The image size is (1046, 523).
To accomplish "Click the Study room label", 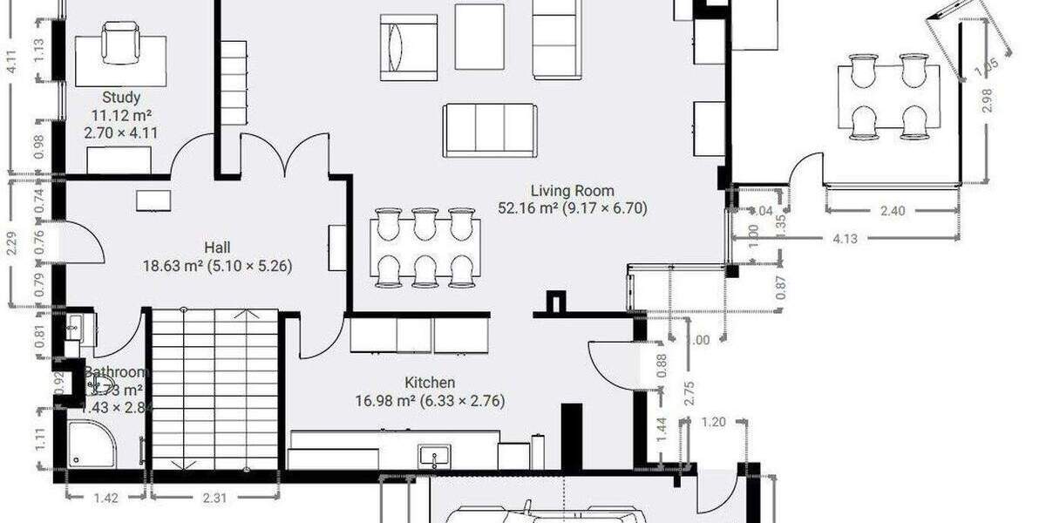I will click(121, 98).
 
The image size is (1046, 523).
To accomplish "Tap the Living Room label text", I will click(573, 191).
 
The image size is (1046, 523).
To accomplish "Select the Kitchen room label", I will click(430, 383).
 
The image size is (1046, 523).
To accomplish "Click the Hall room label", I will click(217, 247).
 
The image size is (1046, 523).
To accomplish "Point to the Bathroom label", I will click(112, 373).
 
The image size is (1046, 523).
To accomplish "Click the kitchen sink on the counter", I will click(433, 455).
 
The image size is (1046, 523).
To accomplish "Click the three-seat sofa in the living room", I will click(490, 131).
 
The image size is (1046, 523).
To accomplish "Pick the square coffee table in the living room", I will click(479, 37).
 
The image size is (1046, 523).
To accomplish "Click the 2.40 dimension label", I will click(893, 210).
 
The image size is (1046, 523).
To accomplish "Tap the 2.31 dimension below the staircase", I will click(215, 498).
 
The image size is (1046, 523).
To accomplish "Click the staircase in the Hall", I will click(215, 389).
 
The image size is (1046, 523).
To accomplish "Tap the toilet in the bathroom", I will click(102, 388).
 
